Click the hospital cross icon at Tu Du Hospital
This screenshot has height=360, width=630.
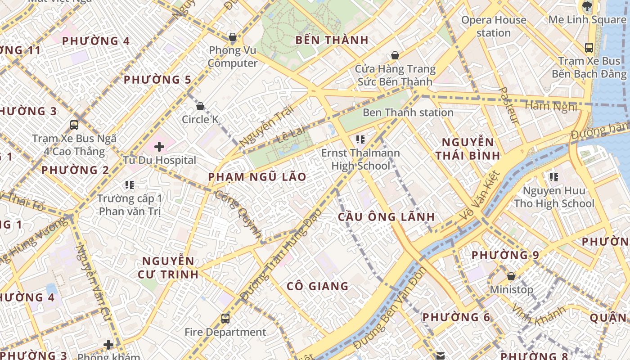(x=159, y=147)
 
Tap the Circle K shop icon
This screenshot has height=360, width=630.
(x=200, y=106)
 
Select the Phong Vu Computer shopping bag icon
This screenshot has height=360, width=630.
(x=233, y=37)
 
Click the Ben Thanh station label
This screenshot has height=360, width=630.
(x=408, y=112)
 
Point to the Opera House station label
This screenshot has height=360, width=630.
(x=494, y=26)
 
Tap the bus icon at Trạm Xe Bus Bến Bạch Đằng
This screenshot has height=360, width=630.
(x=589, y=47)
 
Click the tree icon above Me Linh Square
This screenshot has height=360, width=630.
(x=587, y=6)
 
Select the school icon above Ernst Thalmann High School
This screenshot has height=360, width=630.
(x=360, y=139)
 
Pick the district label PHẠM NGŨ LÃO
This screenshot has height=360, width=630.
(x=257, y=177)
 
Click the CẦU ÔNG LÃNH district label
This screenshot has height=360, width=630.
(x=387, y=217)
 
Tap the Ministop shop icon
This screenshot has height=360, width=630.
(x=511, y=276)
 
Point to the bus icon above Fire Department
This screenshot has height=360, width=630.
(x=225, y=319)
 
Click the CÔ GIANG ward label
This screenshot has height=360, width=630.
(x=318, y=286)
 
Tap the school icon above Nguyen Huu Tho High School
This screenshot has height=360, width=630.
(x=553, y=177)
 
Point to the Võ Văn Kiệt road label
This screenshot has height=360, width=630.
(x=480, y=197)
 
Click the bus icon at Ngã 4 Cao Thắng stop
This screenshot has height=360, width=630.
(x=74, y=125)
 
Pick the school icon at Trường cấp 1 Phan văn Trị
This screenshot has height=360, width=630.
(x=130, y=184)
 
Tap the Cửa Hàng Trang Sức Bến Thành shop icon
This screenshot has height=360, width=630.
(x=395, y=55)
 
